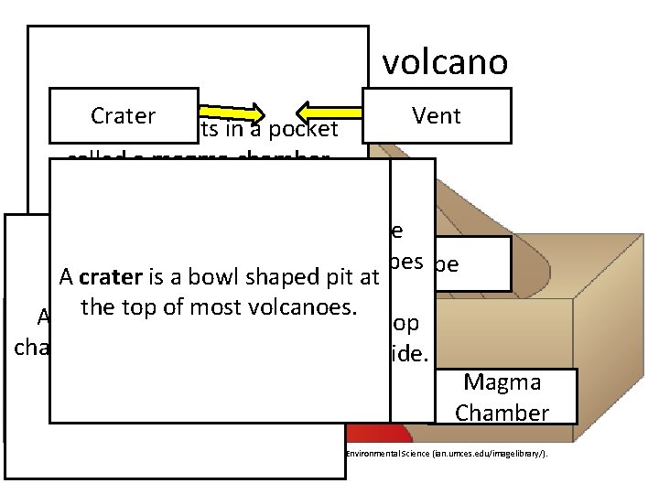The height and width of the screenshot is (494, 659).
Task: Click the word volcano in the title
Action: click(x=444, y=62)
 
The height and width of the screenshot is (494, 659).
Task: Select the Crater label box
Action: click(x=124, y=115)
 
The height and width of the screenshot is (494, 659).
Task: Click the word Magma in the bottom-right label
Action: click(x=502, y=381)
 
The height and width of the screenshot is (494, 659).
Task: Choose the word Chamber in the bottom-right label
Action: click(x=502, y=413)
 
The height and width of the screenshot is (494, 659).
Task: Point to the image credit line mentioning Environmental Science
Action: click(x=446, y=454)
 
